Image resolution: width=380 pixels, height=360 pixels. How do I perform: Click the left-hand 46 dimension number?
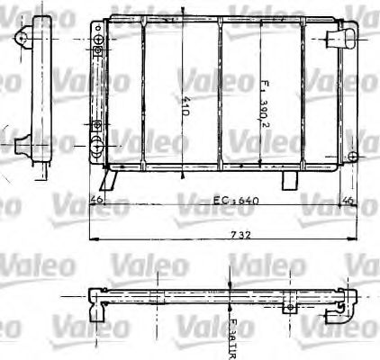coord(97,199)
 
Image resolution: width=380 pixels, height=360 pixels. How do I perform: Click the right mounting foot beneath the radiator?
coord(288,180)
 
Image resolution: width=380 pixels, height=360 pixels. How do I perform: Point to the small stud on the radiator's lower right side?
coord(351,155)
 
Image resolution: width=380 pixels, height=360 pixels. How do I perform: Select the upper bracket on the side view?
coord(26,34)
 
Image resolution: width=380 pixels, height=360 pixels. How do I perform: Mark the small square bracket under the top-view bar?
coord(289,309)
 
